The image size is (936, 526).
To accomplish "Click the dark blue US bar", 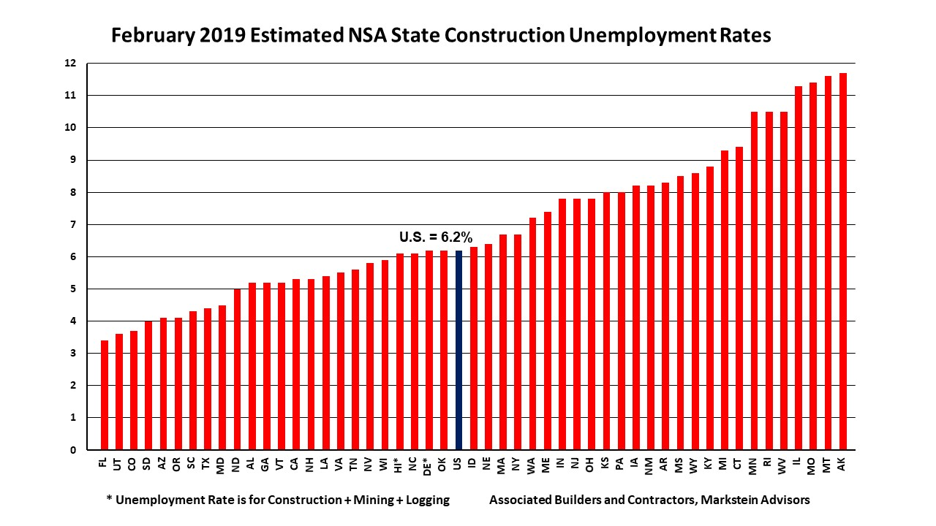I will (458, 350).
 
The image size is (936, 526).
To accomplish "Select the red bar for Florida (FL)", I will (104, 395).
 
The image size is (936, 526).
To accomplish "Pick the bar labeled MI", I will (724, 300).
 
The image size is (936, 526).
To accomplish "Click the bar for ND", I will (236, 369).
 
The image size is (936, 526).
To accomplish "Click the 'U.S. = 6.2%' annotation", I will (436, 237).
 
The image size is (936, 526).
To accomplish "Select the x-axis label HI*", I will (399, 465).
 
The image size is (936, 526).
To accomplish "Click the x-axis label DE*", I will (429, 465).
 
